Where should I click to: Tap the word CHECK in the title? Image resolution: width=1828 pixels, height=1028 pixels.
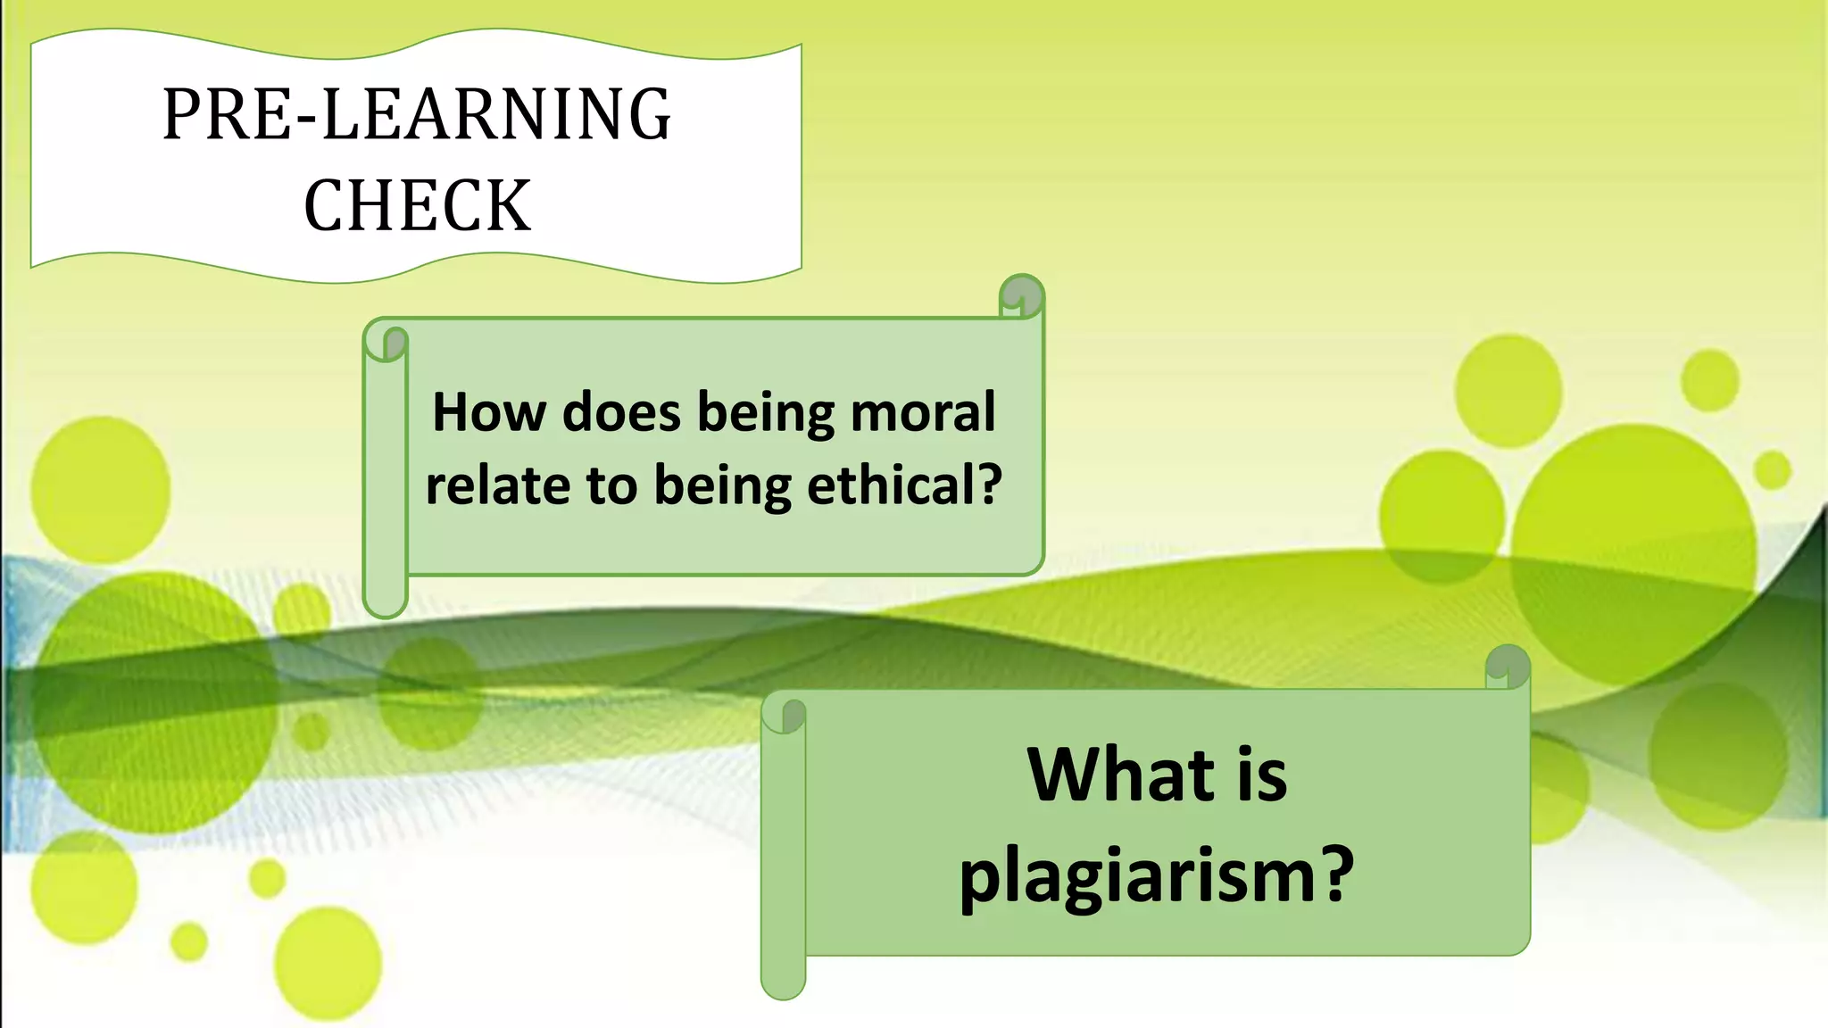point(417,205)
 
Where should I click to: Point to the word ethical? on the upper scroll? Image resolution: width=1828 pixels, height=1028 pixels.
point(904,485)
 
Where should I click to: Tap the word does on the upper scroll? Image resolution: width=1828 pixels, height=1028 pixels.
point(621,412)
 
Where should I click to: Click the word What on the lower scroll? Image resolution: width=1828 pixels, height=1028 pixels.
point(1119,775)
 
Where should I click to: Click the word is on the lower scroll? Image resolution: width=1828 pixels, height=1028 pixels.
point(1261,775)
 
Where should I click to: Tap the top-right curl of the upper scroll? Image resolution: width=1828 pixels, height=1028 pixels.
point(1022,295)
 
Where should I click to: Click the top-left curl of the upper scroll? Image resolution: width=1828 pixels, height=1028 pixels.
point(386,342)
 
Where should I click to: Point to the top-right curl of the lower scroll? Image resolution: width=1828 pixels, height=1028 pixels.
point(1508,666)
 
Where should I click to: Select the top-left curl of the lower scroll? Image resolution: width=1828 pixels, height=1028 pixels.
point(785,714)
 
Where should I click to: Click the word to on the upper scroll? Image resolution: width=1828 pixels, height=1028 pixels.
point(612,486)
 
